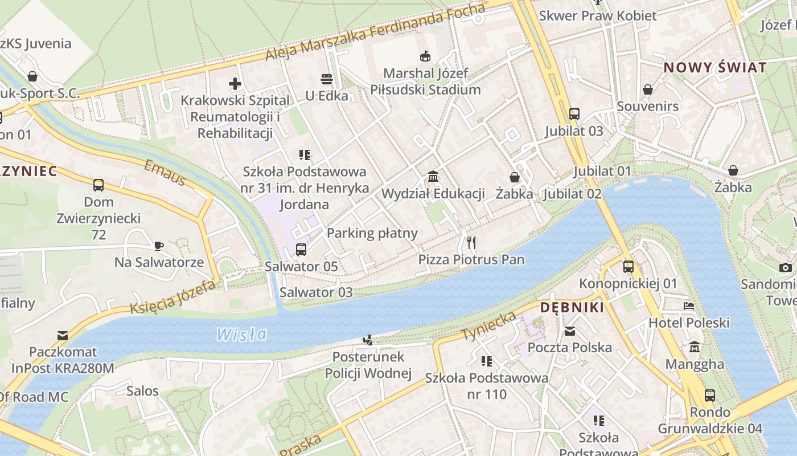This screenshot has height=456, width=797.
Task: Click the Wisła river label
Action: coord(241,334)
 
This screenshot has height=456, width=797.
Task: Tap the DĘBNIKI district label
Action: coord(572,308)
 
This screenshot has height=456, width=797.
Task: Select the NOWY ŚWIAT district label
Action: coord(715,67)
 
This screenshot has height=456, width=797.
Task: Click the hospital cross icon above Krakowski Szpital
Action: coord(235,84)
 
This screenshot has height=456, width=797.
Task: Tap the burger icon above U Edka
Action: coord(326,79)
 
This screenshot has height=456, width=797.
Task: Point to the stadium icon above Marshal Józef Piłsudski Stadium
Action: coord(425,56)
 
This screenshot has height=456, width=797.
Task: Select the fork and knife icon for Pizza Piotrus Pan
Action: coord(471,243)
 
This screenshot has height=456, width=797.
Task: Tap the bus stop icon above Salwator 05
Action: coord(301,250)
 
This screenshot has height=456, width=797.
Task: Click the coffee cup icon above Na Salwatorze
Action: coord(159,246)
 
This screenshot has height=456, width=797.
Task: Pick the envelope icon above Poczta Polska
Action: coord(569,331)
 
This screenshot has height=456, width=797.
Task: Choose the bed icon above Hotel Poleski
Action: coord(689,306)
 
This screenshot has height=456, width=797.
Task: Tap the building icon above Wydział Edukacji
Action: coord(433,177)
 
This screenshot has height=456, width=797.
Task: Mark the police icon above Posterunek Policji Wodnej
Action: coord(368,340)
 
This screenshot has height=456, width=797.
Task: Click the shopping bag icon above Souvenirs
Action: coord(647,89)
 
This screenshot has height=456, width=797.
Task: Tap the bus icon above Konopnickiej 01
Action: coord(628,267)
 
